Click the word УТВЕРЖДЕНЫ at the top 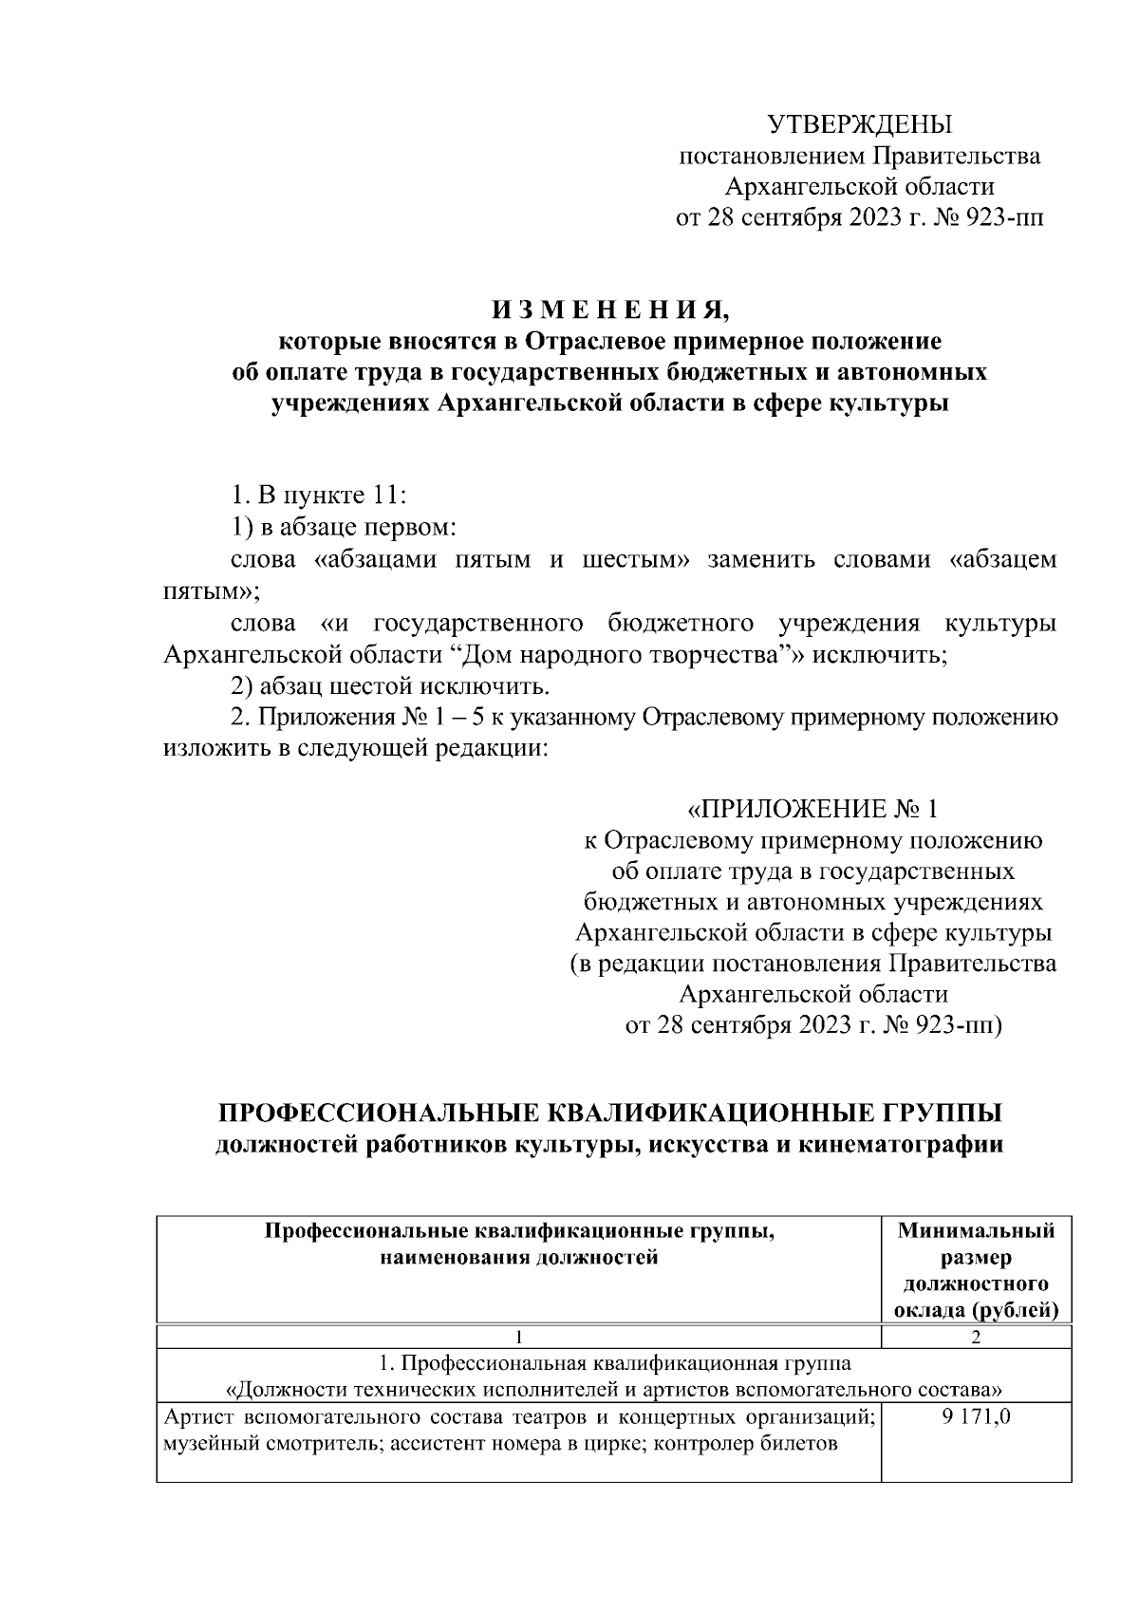[859, 124]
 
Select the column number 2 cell [976, 1338]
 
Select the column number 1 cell [518, 1338]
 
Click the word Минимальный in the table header [976, 1231]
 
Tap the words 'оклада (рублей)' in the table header [976, 1311]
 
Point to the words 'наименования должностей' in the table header [518, 1258]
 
